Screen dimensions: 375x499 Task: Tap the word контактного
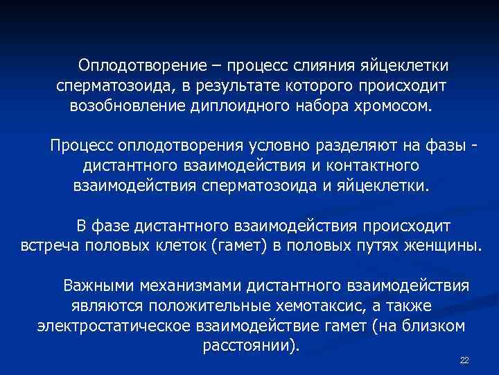(370, 167)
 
